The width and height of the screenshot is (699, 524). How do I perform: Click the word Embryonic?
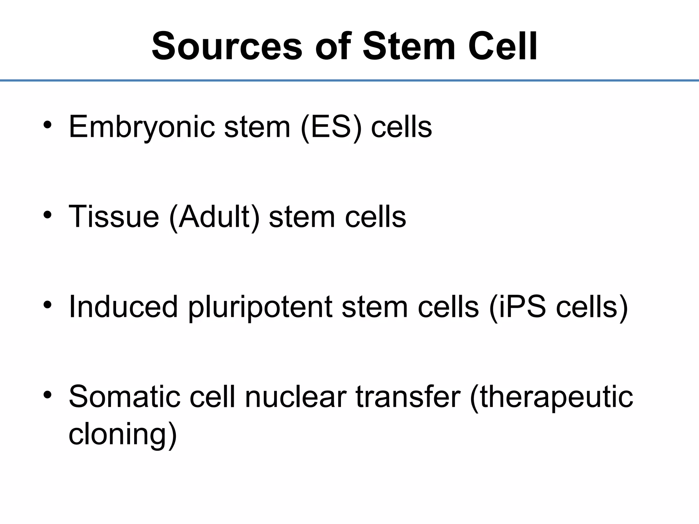(x=142, y=127)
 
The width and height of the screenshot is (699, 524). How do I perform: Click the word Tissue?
(x=114, y=217)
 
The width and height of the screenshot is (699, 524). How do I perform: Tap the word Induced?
(x=123, y=307)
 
